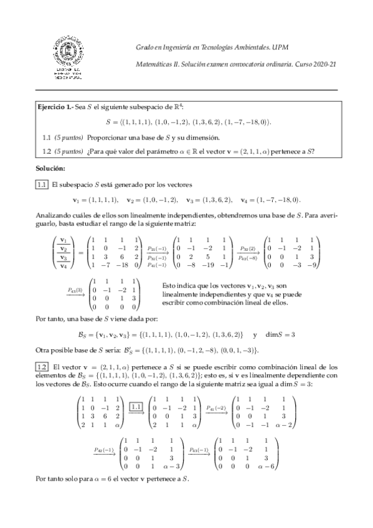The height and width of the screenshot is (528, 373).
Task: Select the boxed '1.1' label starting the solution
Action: click(42, 185)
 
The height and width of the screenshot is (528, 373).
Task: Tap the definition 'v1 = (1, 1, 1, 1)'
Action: click(95, 200)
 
